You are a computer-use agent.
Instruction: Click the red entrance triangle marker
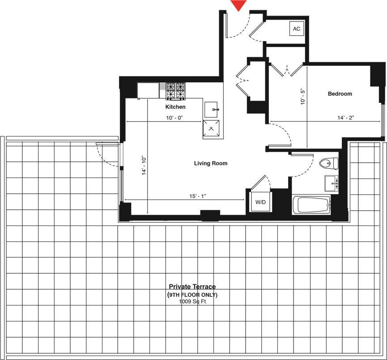(238, 5)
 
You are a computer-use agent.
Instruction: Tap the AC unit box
(297, 29)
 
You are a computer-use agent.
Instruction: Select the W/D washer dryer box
(260, 202)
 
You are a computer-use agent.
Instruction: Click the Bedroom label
(340, 94)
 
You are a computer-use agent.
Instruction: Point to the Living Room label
(211, 163)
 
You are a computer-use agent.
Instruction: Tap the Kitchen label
(175, 107)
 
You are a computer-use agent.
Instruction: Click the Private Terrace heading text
(192, 287)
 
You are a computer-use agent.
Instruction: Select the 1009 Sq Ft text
(192, 301)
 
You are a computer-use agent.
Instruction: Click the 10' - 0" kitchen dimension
(174, 118)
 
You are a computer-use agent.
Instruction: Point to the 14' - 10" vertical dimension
(144, 165)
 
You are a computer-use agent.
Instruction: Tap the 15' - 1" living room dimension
(198, 196)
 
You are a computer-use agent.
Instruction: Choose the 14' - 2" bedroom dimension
(345, 118)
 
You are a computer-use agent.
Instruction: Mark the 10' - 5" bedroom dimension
(303, 97)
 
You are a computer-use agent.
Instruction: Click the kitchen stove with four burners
(175, 91)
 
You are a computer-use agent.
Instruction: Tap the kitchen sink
(211, 110)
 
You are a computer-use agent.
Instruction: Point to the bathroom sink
(331, 183)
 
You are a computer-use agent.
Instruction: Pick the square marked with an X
(211, 128)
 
